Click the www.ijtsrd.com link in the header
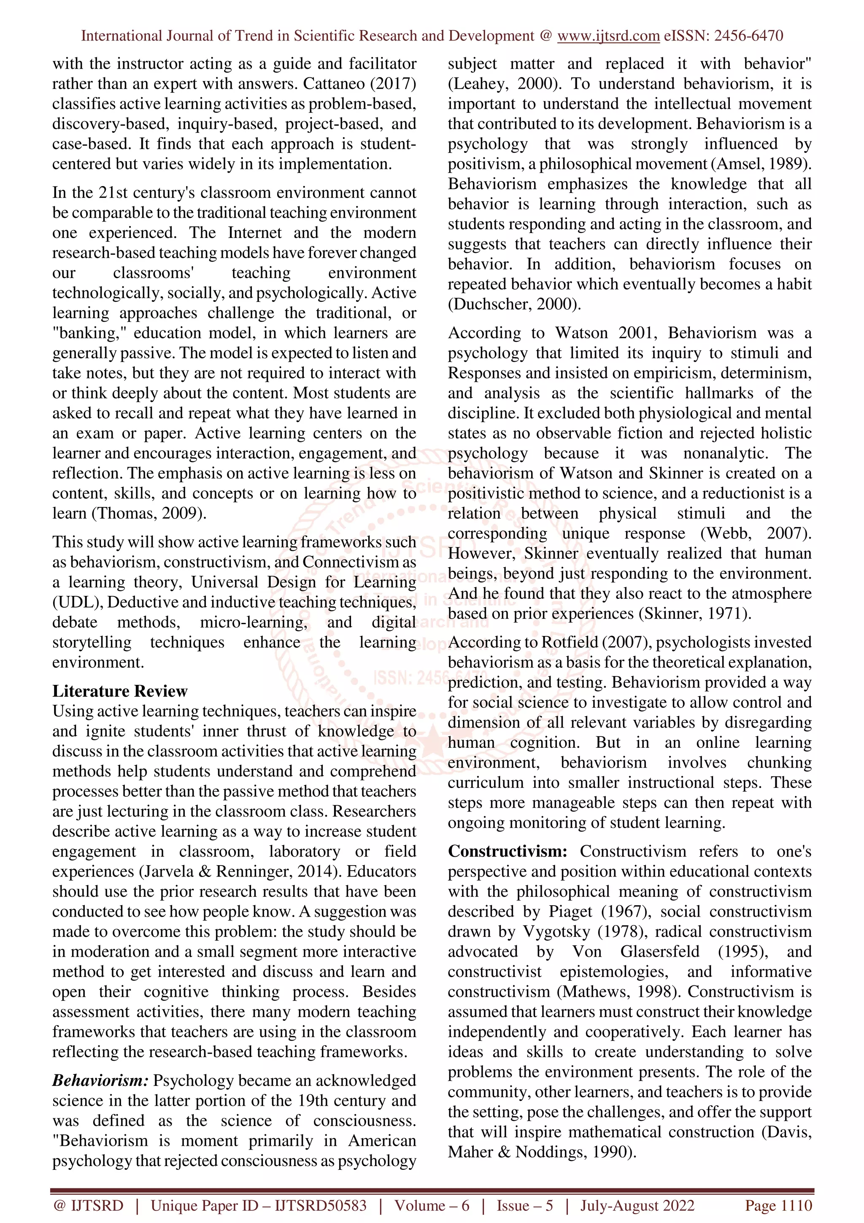pos(608,36)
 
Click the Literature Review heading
pos(120,691)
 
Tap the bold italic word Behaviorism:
pos(100,1080)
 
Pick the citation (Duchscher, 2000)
pos(514,304)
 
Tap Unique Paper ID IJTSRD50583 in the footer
pos(258,1205)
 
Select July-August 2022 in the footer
pos(637,1205)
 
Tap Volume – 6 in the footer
pos(432,1205)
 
